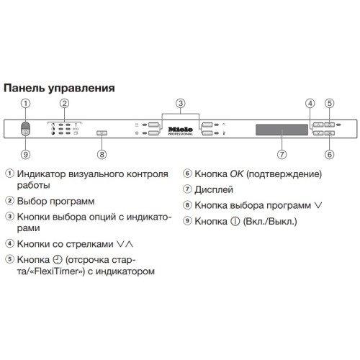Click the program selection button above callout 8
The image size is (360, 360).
(101, 133)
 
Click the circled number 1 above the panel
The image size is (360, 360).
(26, 103)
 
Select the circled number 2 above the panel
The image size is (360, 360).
(64, 103)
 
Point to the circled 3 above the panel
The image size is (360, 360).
(181, 103)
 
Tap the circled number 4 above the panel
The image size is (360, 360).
(311, 103)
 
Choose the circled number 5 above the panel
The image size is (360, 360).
(329, 103)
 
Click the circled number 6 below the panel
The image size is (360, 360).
(329, 154)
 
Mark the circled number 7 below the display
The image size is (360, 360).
(282, 154)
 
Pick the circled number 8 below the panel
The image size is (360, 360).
(102, 154)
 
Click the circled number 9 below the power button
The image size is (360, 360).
(26, 154)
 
